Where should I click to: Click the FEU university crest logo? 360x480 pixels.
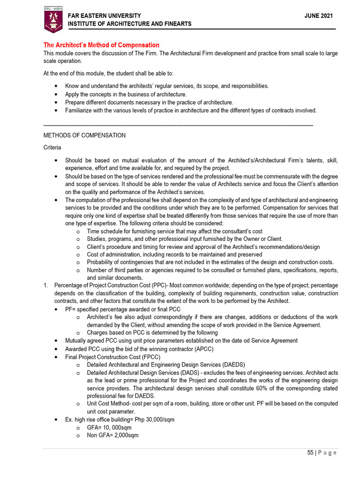coord(52,20)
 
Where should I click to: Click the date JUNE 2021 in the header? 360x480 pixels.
coord(319,15)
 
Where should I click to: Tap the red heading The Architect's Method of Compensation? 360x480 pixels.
coord(101,45)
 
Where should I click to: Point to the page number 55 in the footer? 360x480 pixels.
coord(310,452)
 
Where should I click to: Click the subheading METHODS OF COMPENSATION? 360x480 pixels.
coord(84,135)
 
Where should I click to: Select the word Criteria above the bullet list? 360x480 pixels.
coord(52,148)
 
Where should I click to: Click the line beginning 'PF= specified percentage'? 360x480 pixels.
coord(123,309)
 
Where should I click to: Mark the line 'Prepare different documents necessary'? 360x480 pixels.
coord(149,102)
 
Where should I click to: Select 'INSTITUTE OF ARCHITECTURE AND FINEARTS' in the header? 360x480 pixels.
coord(130,24)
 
